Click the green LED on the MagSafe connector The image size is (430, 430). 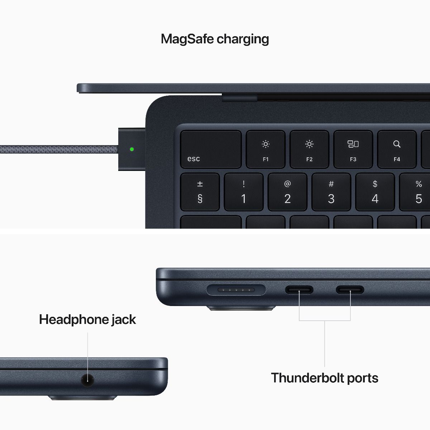coord(132,149)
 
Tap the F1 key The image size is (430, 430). coord(266,149)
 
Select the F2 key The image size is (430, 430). coord(309,149)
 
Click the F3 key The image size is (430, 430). coord(353,149)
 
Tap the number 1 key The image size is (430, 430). coord(244,192)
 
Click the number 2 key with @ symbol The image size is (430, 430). coord(287,192)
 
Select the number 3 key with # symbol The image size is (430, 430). coord(331,192)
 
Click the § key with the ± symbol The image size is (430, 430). coord(200,192)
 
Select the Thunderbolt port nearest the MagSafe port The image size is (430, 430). coord(299,290)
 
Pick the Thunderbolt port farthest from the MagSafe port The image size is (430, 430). coord(350,290)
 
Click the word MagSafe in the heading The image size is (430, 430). coord(187,39)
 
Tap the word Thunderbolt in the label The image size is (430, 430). coord(304,378)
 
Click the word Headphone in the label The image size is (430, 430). coord(73,319)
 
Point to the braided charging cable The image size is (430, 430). coord(57,149)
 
